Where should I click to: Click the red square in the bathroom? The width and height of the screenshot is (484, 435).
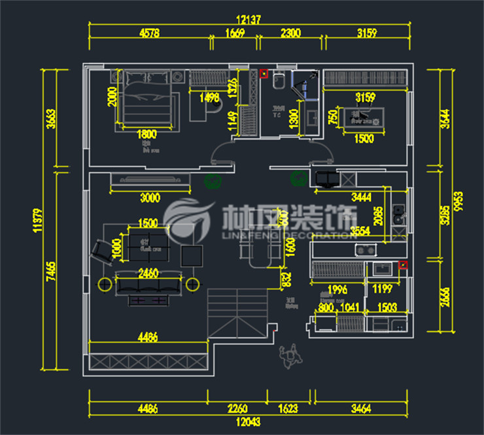264,73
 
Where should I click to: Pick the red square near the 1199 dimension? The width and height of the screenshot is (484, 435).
402,265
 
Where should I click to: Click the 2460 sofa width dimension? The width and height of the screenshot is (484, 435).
148,274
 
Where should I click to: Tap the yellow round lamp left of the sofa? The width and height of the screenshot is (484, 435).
103,283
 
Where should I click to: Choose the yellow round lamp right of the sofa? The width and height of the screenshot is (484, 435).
192,283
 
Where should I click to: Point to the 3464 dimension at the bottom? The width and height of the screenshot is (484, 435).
360,410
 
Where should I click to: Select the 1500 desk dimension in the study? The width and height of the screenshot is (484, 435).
364,138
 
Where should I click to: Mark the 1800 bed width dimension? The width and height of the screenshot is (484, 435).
147,134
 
